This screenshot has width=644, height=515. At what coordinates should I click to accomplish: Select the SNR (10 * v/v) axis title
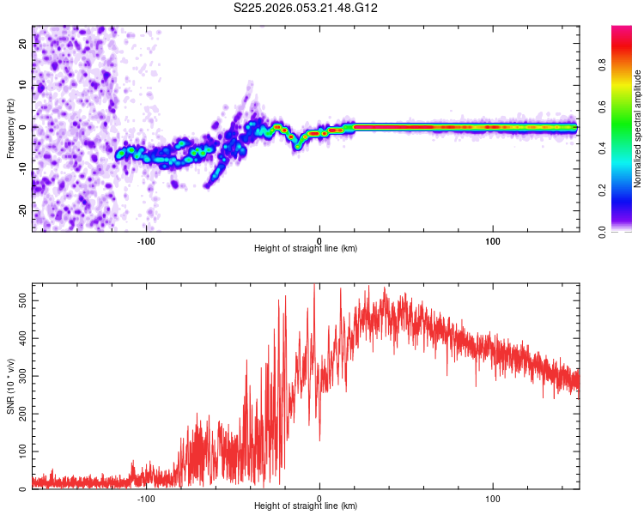coord(10,386)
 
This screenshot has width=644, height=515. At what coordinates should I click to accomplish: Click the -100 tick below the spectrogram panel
coord(145,239)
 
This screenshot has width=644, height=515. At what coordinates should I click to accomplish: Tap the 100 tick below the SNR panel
coord(493,497)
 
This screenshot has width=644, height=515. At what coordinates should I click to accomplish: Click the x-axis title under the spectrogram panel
coord(306,249)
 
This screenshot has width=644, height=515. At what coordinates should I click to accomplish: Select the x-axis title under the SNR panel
coord(306,506)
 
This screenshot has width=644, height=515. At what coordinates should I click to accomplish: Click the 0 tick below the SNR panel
coord(319,497)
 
